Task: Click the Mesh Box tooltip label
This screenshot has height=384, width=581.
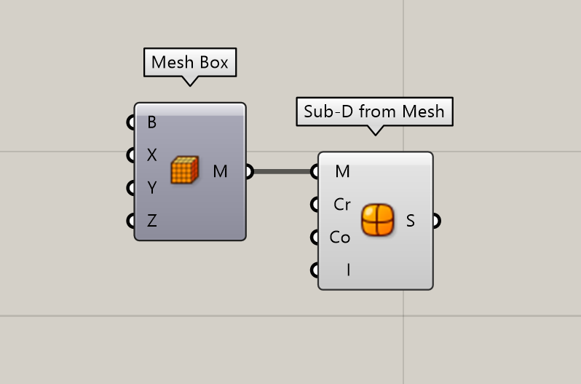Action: tap(190, 62)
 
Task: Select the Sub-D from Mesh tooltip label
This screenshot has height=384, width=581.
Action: tap(374, 111)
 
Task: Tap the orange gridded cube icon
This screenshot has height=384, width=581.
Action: tap(184, 170)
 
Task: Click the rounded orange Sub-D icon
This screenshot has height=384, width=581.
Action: tap(378, 220)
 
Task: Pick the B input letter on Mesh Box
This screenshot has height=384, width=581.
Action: tap(152, 122)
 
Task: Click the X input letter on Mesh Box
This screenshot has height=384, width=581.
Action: tap(152, 155)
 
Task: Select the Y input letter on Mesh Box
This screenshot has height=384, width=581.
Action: tap(152, 187)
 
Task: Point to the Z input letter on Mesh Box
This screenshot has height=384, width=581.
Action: tap(152, 221)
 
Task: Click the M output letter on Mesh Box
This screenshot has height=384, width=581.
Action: tap(220, 171)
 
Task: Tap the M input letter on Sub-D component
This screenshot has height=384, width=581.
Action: tap(342, 171)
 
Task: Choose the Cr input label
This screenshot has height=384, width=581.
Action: tap(342, 204)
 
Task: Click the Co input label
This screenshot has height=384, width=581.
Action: tap(340, 238)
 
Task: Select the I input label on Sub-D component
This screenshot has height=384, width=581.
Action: tap(348, 270)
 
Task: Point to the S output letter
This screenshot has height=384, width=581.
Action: tap(410, 221)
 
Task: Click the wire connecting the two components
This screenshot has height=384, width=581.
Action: tap(283, 171)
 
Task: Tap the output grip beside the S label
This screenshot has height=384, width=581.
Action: tap(437, 221)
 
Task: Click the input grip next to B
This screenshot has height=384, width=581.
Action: tap(131, 122)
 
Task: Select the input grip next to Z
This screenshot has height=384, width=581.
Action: tap(131, 221)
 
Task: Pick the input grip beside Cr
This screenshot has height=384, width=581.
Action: tap(315, 204)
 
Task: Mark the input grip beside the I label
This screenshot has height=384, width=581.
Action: tap(315, 270)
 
